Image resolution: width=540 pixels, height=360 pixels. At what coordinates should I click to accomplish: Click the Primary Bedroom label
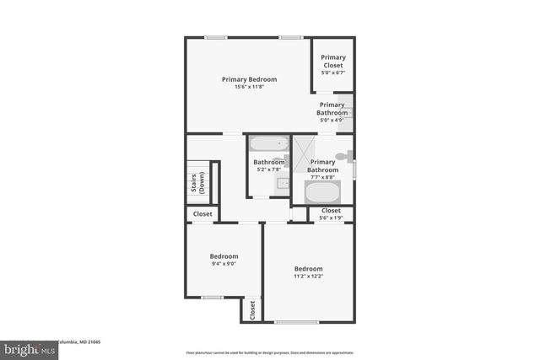pyautogui.click(x=249, y=79)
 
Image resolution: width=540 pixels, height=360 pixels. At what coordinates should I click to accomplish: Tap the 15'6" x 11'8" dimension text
pyautogui.click(x=249, y=87)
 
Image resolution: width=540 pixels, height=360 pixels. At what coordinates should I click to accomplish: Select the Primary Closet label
pyautogui.click(x=332, y=62)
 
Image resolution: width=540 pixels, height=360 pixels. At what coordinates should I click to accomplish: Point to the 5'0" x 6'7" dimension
pyautogui.click(x=332, y=73)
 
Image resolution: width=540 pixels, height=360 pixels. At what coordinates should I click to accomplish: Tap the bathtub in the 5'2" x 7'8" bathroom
pyautogui.click(x=269, y=143)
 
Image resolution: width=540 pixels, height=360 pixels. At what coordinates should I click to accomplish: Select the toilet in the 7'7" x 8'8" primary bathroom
pyautogui.click(x=343, y=156)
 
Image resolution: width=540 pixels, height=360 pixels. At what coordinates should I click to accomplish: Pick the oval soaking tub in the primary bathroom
pyautogui.click(x=322, y=192)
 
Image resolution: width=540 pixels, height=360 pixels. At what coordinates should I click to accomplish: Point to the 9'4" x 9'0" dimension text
pyautogui.click(x=224, y=264)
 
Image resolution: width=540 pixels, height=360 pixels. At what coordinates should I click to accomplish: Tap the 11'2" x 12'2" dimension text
pyautogui.click(x=308, y=276)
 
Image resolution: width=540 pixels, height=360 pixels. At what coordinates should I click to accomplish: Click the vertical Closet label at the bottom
pyautogui.click(x=251, y=309)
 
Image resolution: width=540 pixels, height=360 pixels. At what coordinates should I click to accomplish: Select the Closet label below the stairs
pyautogui.click(x=202, y=214)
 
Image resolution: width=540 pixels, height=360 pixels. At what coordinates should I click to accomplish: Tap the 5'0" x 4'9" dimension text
pyautogui.click(x=332, y=121)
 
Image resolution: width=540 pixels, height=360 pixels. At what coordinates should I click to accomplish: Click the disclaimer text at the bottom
pyautogui.click(x=269, y=352)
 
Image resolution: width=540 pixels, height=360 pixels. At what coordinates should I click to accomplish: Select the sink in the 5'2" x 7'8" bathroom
pyautogui.click(x=283, y=183)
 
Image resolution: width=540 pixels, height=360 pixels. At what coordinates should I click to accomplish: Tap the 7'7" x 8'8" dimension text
pyautogui.click(x=322, y=177)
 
